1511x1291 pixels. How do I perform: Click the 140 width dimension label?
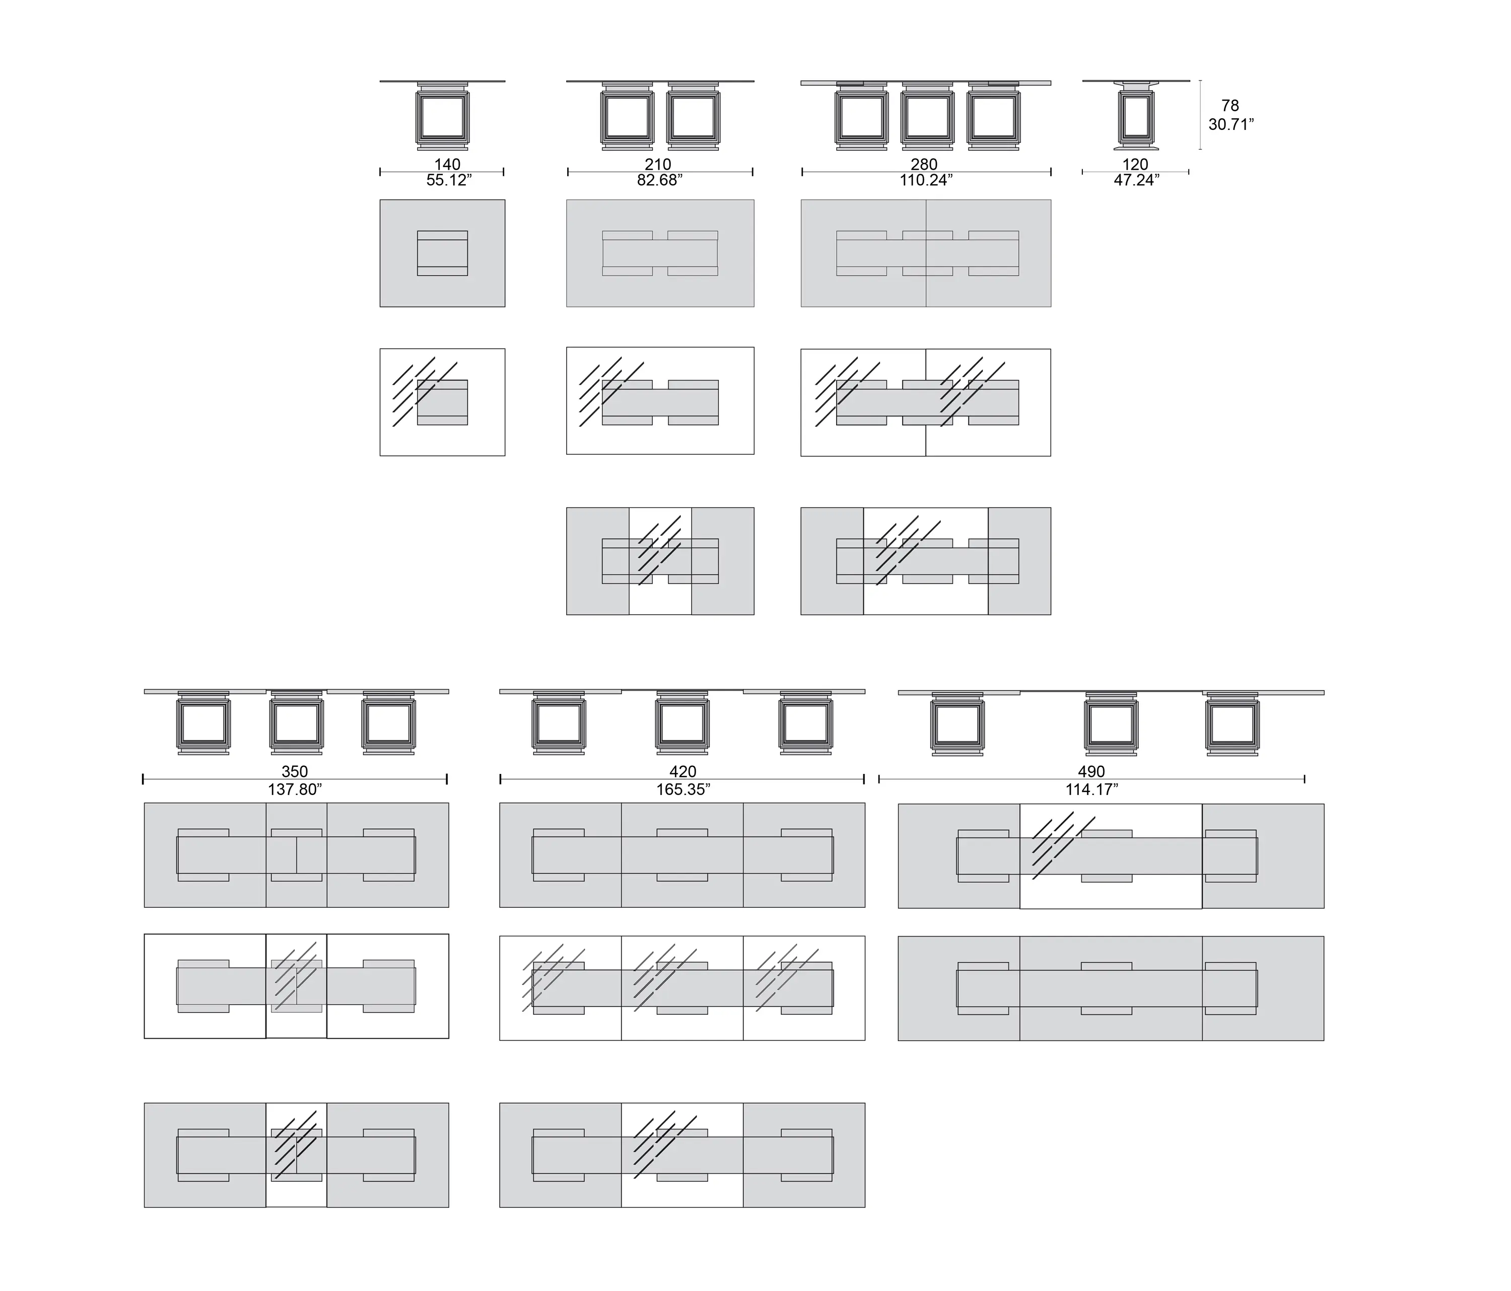[x=447, y=165]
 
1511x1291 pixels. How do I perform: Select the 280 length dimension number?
[x=924, y=165]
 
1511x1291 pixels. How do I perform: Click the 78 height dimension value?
[x=1230, y=106]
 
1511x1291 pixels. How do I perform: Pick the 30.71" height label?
[x=1231, y=125]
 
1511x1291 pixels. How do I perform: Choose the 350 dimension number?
[x=295, y=771]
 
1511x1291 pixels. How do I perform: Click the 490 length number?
[x=1091, y=771]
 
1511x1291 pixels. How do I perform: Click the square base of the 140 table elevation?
[x=443, y=117]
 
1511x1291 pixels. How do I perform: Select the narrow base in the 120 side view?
[x=1135, y=117]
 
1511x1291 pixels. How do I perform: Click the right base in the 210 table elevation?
[x=693, y=117]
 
